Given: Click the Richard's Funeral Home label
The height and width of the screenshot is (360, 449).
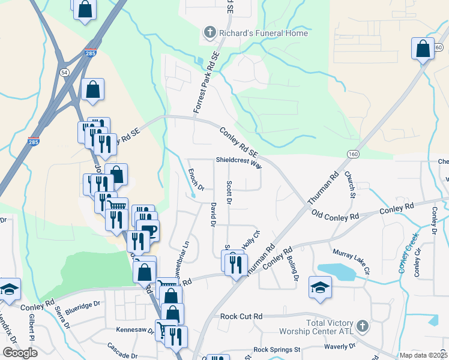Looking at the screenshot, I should pos(264,34).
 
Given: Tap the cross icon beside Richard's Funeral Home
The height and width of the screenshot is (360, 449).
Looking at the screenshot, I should pos(210,32).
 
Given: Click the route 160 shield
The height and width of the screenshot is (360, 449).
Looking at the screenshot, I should pos(353,154).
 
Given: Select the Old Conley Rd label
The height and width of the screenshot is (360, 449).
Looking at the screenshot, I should pos(335,214).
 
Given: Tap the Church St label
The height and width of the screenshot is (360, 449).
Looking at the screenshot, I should pos(349,184).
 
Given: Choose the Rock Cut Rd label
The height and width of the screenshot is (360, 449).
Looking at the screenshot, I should pos(241,316).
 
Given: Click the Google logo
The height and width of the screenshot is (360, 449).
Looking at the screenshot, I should pos(20,352).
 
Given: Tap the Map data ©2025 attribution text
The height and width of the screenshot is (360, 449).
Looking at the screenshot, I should pos(423,355).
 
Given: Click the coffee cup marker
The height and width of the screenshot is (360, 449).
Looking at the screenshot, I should pos(148,230).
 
